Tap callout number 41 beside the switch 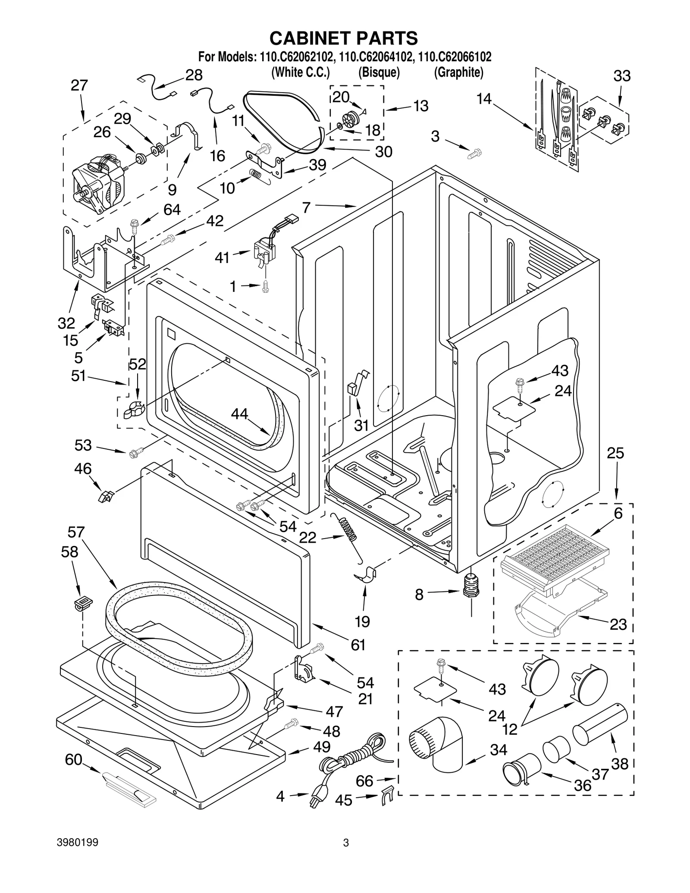(222, 258)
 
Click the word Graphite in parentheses (458, 72)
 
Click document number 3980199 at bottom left (78, 855)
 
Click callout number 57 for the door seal (76, 533)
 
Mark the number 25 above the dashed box (615, 453)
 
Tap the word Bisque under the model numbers (379, 72)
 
